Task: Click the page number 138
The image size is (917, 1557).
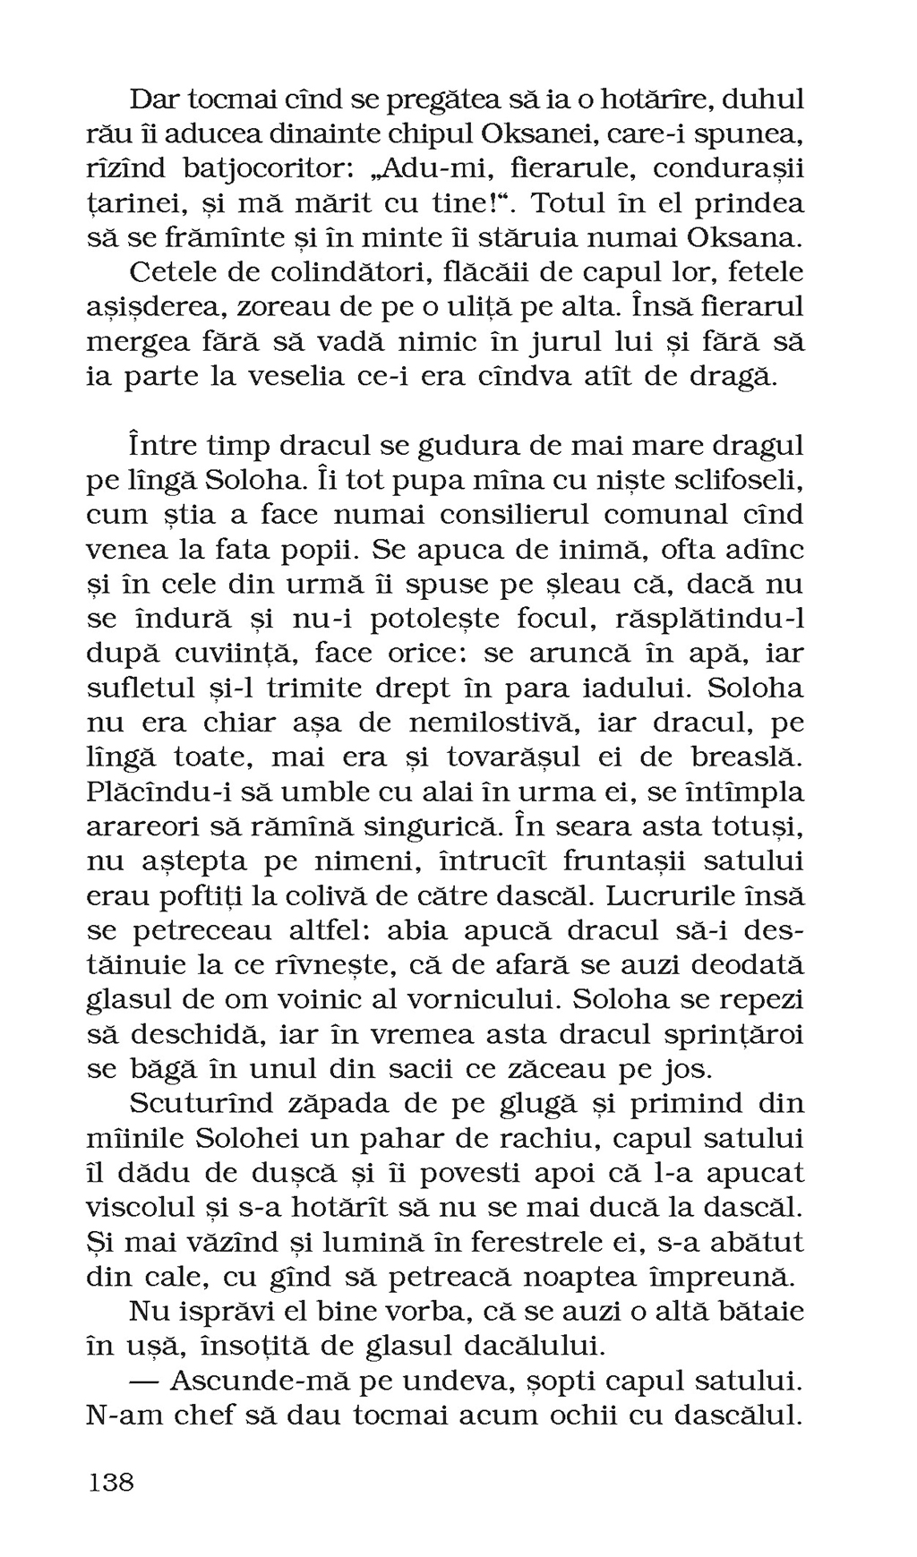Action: pyautogui.click(x=111, y=1482)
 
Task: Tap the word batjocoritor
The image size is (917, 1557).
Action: pyautogui.click(x=270, y=168)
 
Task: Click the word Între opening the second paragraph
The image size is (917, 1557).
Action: pyautogui.click(x=161, y=445)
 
